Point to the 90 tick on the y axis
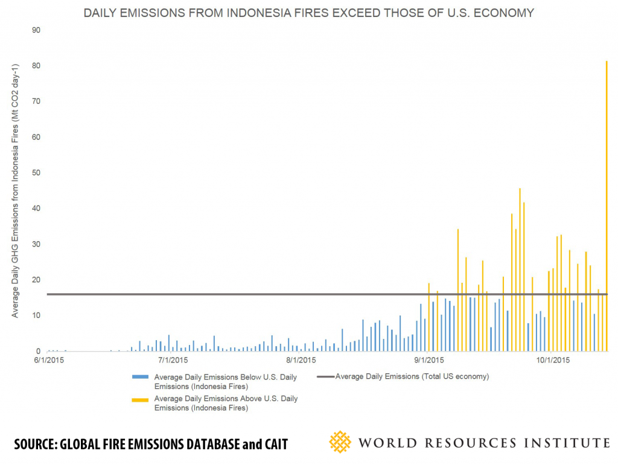(x=36, y=30)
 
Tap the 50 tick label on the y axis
(x=36, y=173)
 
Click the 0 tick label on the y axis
(x=38, y=352)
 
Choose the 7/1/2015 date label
(x=173, y=361)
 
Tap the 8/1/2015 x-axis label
(x=301, y=361)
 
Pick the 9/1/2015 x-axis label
(x=428, y=361)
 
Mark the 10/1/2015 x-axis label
(x=553, y=361)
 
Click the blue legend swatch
(x=141, y=377)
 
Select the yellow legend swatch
(x=141, y=399)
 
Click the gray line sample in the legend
(x=324, y=377)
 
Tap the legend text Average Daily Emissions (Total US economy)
(x=412, y=377)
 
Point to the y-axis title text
(x=16, y=190)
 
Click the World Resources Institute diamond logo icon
(x=340, y=442)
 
